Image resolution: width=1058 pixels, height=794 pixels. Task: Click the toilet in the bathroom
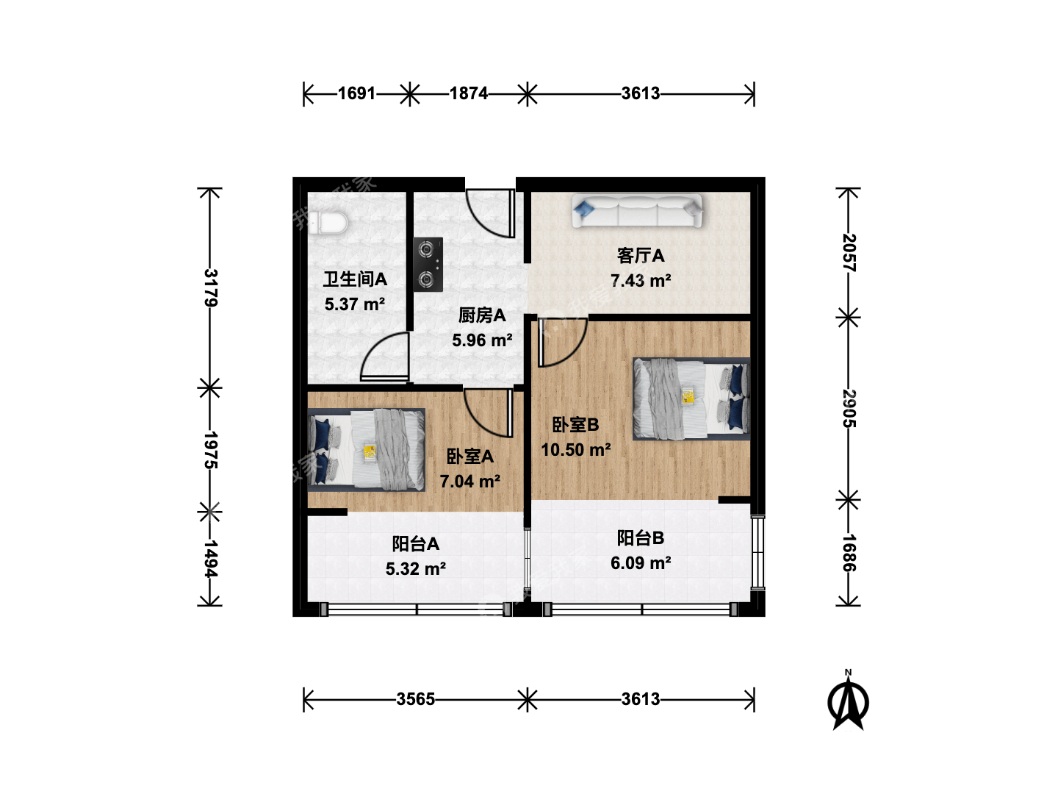point(328,223)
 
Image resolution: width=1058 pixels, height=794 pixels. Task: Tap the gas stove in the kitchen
point(428,264)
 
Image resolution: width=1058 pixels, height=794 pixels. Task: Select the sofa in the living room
point(637,211)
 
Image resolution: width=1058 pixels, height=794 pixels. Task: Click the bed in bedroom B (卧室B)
point(691,398)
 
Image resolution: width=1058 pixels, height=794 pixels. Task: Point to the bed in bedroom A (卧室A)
point(367,450)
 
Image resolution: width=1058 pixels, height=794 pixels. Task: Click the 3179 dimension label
point(211,287)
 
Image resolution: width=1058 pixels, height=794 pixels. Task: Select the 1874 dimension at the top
point(469,93)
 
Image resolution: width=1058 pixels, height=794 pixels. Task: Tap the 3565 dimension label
point(416,699)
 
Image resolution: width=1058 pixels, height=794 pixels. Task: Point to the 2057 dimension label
point(849,253)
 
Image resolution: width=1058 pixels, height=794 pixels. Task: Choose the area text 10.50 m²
point(576,450)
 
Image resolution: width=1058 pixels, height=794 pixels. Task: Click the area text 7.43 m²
point(641,280)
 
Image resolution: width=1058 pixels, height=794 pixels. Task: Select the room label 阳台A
point(416,544)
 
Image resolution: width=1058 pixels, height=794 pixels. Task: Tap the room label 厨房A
point(481,315)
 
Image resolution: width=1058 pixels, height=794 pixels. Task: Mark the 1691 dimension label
point(356,93)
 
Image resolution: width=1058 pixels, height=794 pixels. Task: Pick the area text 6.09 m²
point(641,562)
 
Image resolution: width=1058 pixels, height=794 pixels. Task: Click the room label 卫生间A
point(355,279)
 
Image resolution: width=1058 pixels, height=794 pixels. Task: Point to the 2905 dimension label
point(849,409)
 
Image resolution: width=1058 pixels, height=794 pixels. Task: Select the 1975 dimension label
point(211,450)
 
